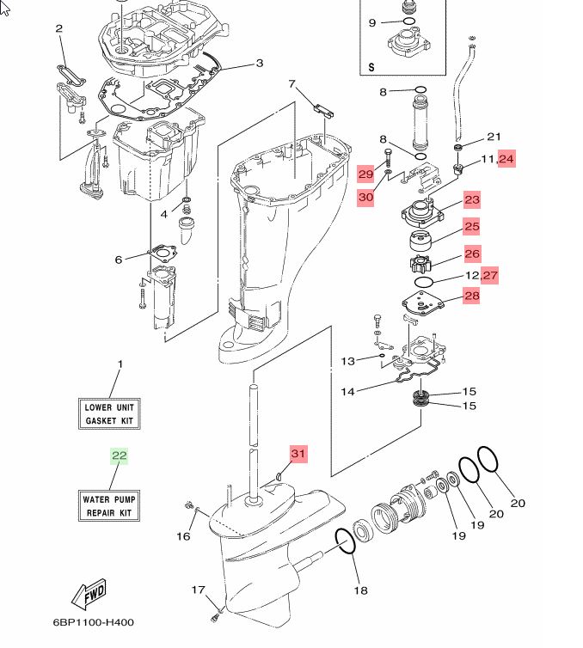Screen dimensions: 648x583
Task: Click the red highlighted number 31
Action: click(x=298, y=454)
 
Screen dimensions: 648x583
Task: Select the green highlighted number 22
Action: click(x=120, y=456)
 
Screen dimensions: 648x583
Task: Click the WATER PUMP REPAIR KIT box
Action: click(x=110, y=505)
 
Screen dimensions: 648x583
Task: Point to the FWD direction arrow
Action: click(x=89, y=594)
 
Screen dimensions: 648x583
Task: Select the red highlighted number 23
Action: click(x=472, y=200)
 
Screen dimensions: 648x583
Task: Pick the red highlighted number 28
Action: click(x=472, y=296)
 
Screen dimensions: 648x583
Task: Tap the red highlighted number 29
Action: click(x=366, y=174)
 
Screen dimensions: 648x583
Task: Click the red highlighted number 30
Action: click(x=366, y=197)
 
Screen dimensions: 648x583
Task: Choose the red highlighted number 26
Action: click(x=472, y=254)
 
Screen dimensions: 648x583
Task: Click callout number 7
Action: click(x=291, y=84)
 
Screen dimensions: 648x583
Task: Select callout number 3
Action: click(x=259, y=63)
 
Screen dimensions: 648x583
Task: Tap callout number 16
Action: click(x=184, y=536)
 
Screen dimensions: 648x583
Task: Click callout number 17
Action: click(x=198, y=590)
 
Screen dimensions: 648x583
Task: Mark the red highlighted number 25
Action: click(x=472, y=227)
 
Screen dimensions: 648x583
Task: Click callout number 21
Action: click(x=494, y=137)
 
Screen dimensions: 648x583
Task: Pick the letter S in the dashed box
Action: click(x=371, y=66)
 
